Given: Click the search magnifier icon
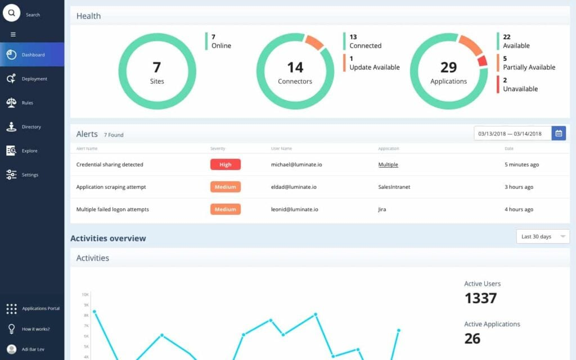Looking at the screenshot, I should [x=11, y=12].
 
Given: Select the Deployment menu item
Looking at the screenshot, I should [x=34, y=79].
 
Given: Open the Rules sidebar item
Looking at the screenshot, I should [x=27, y=103].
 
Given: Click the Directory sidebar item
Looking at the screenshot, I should [x=31, y=127].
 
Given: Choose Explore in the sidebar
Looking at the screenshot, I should [x=29, y=151].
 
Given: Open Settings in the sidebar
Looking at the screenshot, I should [x=30, y=175].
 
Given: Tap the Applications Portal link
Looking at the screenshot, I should [x=40, y=309].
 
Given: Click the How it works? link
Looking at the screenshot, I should [x=35, y=329].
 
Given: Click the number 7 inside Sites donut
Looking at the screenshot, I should [x=156, y=67].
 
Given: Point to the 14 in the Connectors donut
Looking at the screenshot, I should [x=295, y=67].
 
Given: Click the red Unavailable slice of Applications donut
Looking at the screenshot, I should [x=482, y=61].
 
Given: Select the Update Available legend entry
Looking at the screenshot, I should [x=374, y=67].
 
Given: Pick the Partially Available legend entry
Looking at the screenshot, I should [x=529, y=67].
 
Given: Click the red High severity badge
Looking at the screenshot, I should [x=225, y=165].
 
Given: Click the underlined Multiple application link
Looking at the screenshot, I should [x=388, y=165].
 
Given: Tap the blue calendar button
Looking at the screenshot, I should [x=559, y=133].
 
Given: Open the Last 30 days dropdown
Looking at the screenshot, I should [x=543, y=237].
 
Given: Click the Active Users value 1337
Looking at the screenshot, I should [x=481, y=298].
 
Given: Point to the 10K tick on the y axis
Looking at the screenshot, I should [x=85, y=295].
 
